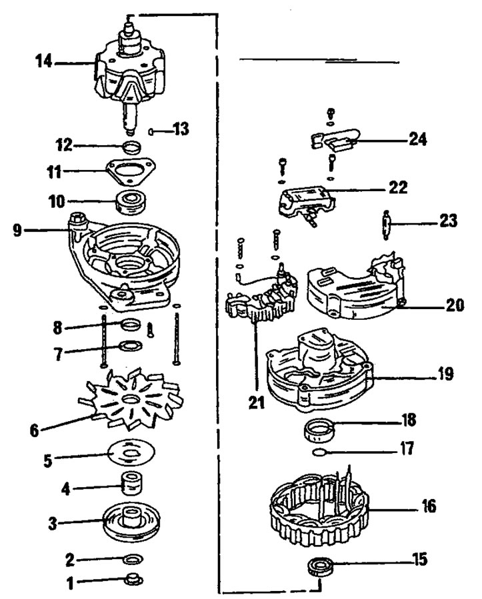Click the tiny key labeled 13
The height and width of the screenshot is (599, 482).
(153, 131)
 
